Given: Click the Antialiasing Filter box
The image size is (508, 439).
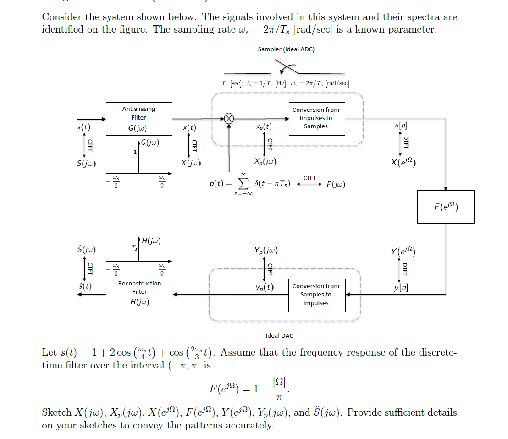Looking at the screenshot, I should point(139,119).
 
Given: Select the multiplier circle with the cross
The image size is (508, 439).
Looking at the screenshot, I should point(229,119).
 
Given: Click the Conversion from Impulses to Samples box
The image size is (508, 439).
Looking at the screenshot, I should point(316,119).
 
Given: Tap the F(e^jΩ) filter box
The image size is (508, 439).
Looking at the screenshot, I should point(446,207).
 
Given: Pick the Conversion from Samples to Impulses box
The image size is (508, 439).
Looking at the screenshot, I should point(316,295).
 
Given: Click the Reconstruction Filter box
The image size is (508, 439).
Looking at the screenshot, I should point(139,293).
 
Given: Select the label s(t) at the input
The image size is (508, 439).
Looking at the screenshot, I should point(83,126).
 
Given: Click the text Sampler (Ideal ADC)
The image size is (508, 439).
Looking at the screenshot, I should point(286,49).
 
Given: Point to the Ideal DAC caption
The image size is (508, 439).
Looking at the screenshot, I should point(279,336).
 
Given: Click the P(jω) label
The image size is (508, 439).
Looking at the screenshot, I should point(336,184).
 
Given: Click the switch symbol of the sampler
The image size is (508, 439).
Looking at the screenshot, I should point(287,70).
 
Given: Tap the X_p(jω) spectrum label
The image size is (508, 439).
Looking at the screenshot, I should point(265,162).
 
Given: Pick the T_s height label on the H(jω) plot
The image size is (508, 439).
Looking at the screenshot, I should point(134,248).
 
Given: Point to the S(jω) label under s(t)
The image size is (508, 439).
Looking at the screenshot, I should point(87,163).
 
